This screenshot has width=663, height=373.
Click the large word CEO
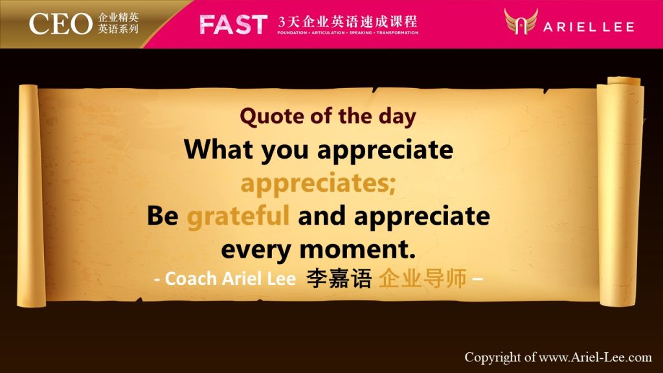tap(60, 24)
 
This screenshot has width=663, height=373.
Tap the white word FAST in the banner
tap(233, 25)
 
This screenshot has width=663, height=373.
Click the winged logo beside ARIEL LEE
tap(521, 21)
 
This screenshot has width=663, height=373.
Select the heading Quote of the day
tap(328, 117)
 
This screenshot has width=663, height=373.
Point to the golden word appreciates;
tap(318, 183)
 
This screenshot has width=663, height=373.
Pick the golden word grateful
tap(238, 216)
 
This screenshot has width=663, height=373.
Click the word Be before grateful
tap(163, 216)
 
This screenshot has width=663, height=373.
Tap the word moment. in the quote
tap(357, 249)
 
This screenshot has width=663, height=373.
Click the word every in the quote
tap(256, 251)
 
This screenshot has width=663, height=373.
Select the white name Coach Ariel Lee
tap(230, 278)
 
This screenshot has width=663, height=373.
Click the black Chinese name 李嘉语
tap(339, 278)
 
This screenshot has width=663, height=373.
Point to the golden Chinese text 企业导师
tap(423, 278)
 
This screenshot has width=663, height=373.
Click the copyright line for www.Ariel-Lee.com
tap(558, 357)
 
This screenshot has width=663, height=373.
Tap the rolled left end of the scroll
tap(30, 196)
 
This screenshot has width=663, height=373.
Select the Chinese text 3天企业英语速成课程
tap(348, 21)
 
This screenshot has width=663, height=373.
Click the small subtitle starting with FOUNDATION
tap(348, 32)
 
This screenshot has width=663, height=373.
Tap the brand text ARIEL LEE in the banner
tap(589, 27)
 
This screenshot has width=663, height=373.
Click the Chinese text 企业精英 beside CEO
tap(118, 17)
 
